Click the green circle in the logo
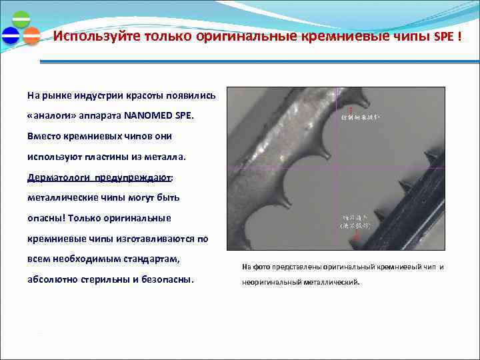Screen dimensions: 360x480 (21, 19)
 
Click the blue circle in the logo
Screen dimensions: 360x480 (11, 35)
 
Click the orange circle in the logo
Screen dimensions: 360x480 (31, 35)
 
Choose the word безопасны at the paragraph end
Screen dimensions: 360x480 (167, 279)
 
